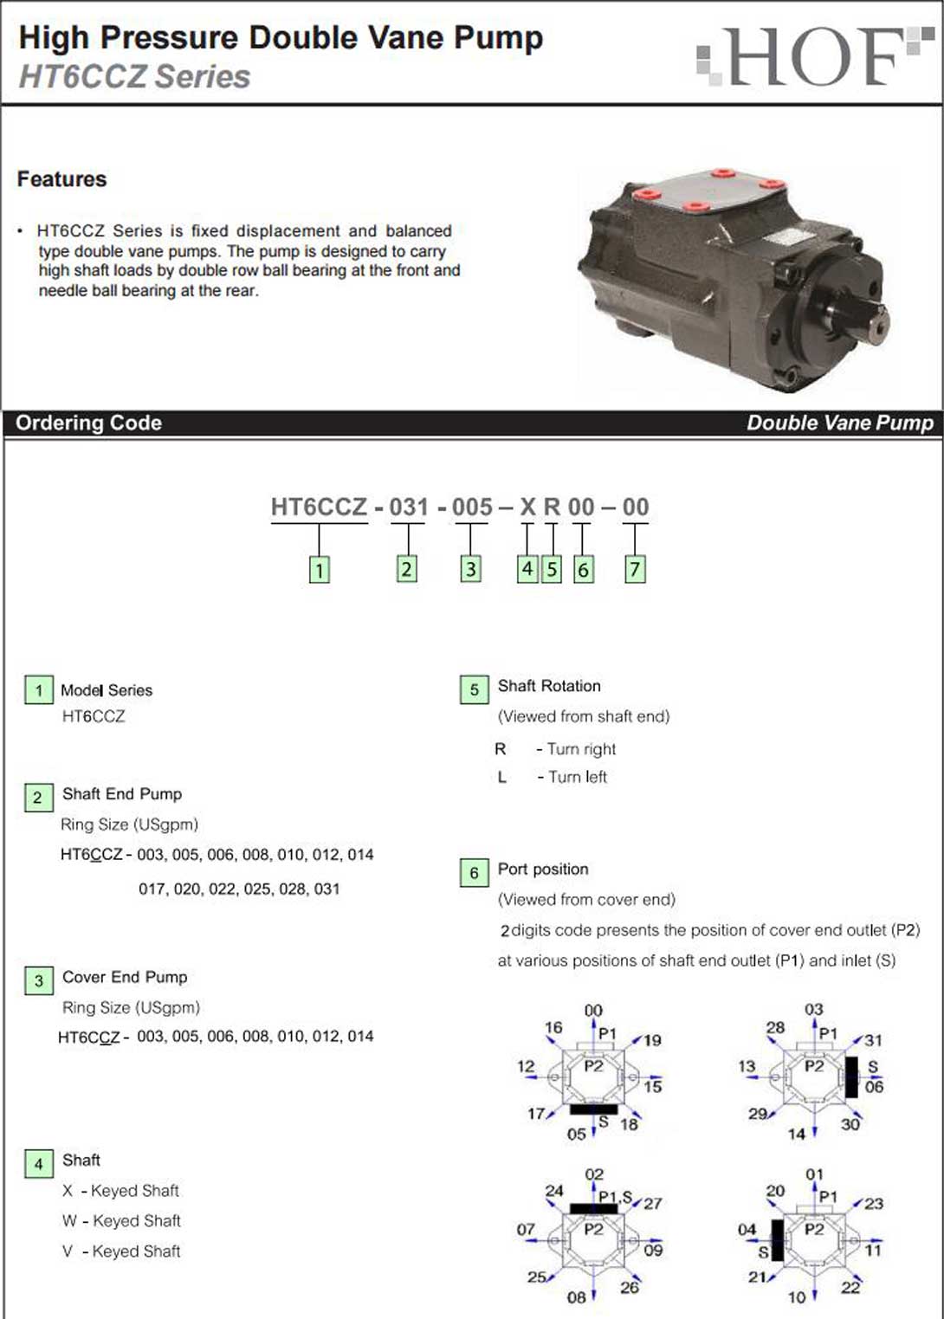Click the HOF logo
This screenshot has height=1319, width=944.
(814, 57)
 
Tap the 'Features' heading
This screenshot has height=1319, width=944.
(61, 179)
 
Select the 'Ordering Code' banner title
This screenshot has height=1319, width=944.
(88, 423)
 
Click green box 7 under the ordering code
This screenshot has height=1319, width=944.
(635, 569)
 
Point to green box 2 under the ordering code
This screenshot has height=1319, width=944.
(406, 569)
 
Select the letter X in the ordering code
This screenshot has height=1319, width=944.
(527, 507)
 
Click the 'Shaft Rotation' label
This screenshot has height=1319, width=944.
(548, 686)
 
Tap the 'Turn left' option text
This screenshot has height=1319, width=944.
(577, 777)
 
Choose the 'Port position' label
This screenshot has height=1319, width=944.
(542, 869)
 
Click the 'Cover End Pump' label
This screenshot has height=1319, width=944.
(124, 977)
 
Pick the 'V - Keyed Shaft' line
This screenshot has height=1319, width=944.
(121, 1251)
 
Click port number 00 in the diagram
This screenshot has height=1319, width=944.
(593, 1011)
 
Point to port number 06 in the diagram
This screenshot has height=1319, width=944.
(874, 1087)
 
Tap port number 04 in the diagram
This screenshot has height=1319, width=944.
(747, 1229)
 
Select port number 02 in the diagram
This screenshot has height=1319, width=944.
(594, 1174)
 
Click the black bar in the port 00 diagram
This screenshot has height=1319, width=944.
(593, 1109)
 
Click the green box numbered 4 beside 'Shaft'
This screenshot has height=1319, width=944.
(38, 1164)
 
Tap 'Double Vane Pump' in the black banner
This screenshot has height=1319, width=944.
(839, 423)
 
